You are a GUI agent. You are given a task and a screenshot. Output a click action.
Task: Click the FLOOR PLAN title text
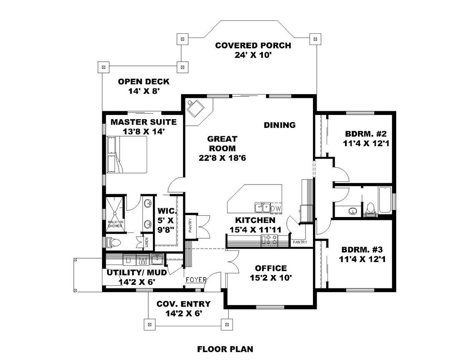(x=225, y=349)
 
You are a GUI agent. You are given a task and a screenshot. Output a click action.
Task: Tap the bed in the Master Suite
(x=127, y=155)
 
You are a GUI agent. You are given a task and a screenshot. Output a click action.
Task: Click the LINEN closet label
(x=147, y=242)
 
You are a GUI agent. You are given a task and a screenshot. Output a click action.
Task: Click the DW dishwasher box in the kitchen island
(x=276, y=207)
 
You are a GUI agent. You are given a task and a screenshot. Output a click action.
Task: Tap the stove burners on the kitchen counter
(x=270, y=240)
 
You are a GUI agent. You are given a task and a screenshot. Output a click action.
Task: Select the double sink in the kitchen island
(x=262, y=207)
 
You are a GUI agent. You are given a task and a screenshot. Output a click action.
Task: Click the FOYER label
(x=196, y=280)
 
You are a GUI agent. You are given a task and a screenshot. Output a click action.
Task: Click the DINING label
(x=280, y=125)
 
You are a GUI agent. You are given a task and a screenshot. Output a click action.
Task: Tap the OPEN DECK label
(x=143, y=82)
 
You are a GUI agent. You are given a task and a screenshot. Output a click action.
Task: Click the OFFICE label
(x=271, y=268)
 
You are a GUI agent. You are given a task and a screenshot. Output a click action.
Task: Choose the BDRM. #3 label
(x=362, y=250)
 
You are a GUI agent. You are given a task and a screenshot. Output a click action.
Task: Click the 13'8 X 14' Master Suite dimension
(x=143, y=131)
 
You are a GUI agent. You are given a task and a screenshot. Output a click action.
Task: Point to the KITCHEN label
(x=255, y=220)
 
